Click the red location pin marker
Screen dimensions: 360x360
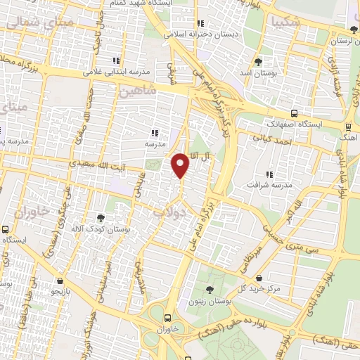[x=181, y=165]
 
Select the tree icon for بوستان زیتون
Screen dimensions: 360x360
[x=210, y=290]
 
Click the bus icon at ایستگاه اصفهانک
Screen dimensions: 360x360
[x=293, y=113]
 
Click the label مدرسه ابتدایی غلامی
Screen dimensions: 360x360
[x=116, y=71]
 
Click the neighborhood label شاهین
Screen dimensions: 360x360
[x=136, y=91]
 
